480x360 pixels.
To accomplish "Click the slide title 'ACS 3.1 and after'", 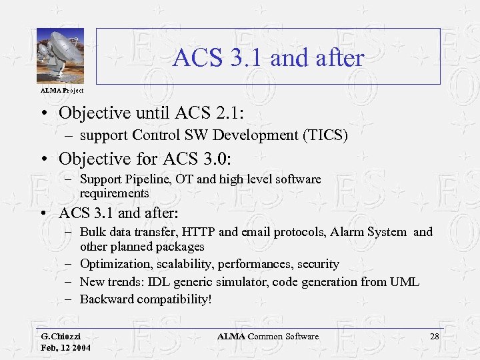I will (268, 58).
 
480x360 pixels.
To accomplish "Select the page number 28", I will (434, 337).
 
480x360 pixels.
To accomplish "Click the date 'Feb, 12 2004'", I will (66, 348).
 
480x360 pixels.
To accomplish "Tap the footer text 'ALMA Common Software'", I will (268, 337).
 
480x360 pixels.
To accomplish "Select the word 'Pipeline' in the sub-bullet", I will (147, 179).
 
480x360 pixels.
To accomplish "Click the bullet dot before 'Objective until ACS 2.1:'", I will (42, 112).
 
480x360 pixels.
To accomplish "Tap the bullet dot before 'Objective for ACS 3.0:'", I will (42, 159).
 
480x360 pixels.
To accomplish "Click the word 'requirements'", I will (114, 193).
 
